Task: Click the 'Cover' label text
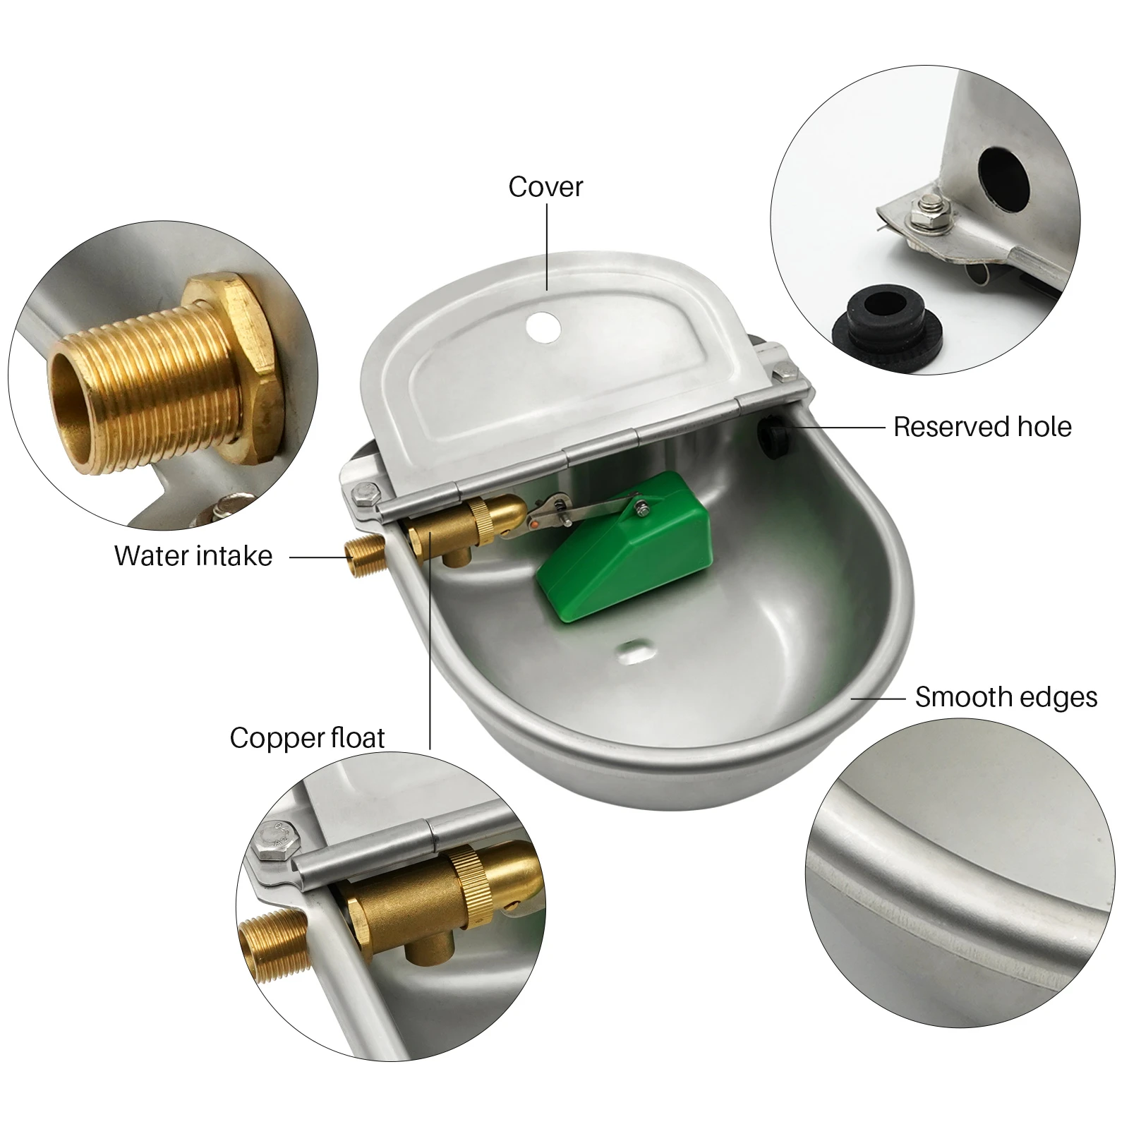(x=545, y=187)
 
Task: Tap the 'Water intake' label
(x=193, y=556)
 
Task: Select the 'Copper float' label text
(x=307, y=738)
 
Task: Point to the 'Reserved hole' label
(x=982, y=427)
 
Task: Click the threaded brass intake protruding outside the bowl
(x=364, y=557)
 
